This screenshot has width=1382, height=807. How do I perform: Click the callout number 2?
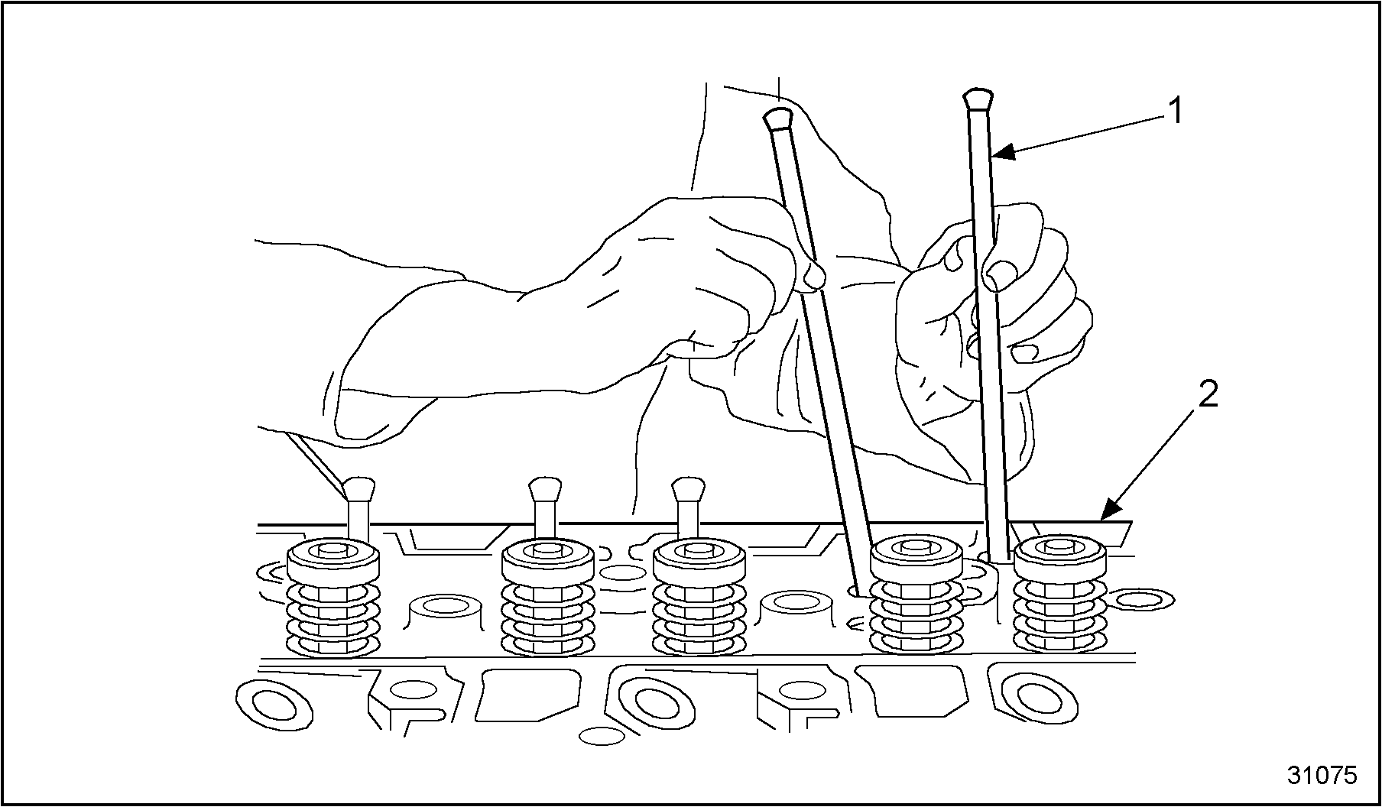click(x=1208, y=395)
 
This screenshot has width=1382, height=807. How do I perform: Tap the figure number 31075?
click(x=1322, y=775)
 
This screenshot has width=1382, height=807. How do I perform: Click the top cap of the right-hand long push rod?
click(x=978, y=99)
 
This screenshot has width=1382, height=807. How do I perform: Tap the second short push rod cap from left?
click(x=546, y=488)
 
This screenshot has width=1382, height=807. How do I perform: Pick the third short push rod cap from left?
click(x=687, y=488)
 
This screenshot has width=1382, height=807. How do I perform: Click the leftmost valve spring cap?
click(x=333, y=564)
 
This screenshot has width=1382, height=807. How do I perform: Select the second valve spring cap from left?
click(x=547, y=564)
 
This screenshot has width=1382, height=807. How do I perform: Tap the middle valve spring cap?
click(x=699, y=564)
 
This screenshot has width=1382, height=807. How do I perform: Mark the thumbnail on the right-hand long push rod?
click(x=1001, y=272)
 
